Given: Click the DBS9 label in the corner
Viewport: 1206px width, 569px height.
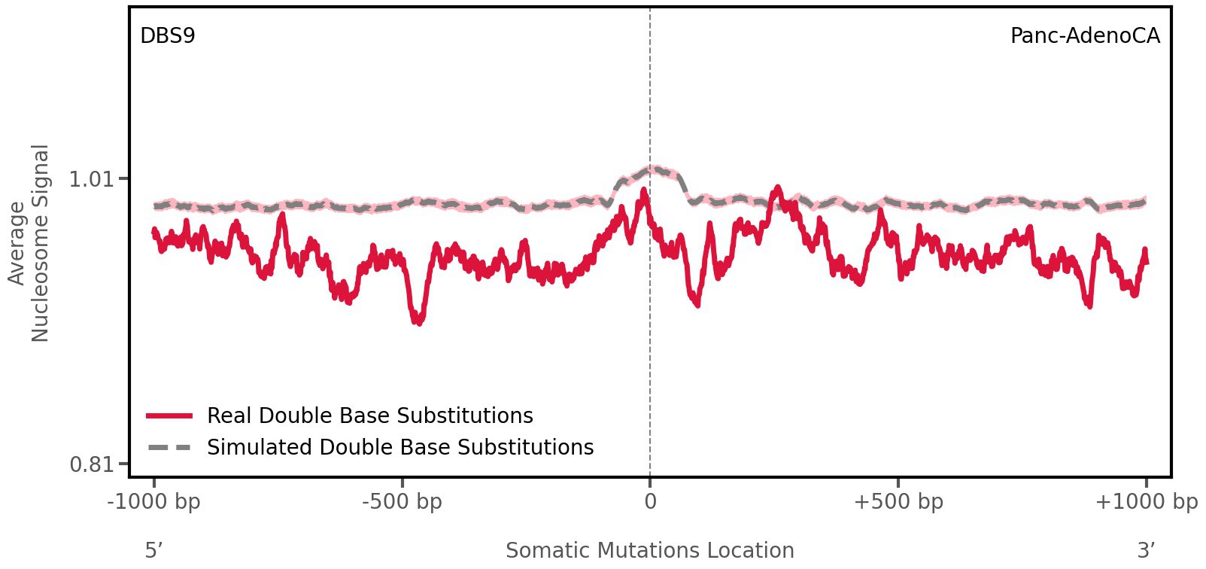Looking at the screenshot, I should (x=168, y=36).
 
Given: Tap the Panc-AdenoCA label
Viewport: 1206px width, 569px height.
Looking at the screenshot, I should (x=1084, y=36).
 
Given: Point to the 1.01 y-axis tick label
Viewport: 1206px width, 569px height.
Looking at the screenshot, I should (x=90, y=179).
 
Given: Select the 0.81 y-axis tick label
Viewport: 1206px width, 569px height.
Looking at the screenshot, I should (x=90, y=464).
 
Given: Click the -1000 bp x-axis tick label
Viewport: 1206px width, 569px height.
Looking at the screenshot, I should (x=154, y=502).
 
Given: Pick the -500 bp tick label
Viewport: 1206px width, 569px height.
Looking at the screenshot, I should (x=402, y=502).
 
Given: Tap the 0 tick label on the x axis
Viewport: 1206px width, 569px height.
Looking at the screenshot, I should (x=650, y=502).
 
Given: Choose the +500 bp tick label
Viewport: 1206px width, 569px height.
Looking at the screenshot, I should (x=898, y=502).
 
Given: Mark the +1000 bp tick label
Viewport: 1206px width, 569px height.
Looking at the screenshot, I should (x=1145, y=502).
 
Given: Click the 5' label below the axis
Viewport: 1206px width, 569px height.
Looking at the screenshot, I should (x=153, y=550).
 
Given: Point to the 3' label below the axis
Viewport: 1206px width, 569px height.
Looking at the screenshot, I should (x=1146, y=550).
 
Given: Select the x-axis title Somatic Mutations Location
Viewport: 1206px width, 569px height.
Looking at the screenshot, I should (x=649, y=550).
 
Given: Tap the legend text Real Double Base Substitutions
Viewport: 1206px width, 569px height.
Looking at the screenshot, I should (x=369, y=416).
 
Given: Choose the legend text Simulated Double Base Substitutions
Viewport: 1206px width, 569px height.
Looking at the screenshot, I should (x=399, y=448).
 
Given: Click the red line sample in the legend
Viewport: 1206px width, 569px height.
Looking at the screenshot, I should (x=170, y=416).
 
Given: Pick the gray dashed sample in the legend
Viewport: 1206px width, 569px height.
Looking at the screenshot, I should (x=170, y=448).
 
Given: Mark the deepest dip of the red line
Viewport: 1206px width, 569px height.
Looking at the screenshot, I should (x=418, y=322).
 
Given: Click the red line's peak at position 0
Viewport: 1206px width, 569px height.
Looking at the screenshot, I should (x=644, y=192).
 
